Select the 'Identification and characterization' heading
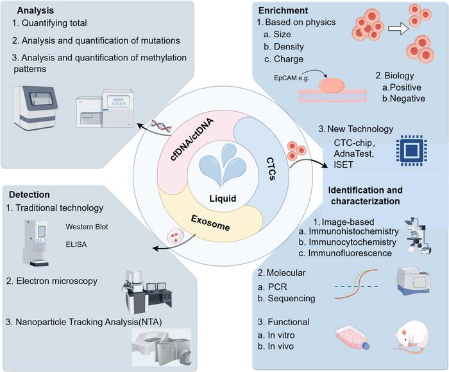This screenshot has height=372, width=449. point(365,197)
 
